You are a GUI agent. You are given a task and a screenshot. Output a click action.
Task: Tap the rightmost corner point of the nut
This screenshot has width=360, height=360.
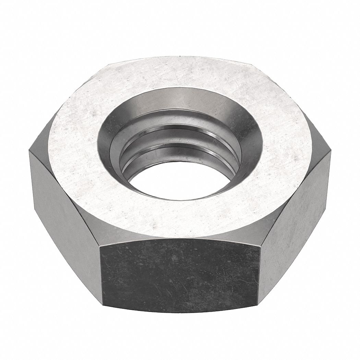(331, 151)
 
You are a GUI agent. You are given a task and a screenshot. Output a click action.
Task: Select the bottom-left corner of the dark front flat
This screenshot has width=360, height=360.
(103, 304)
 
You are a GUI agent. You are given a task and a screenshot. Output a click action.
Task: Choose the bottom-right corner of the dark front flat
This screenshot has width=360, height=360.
(258, 304)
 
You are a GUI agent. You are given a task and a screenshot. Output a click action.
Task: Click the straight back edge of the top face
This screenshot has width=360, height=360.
(180, 57)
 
